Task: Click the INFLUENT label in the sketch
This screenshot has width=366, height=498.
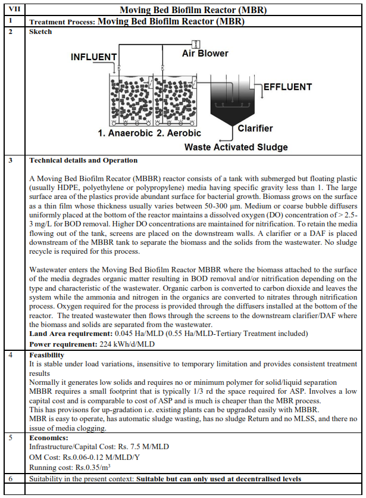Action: (94, 57)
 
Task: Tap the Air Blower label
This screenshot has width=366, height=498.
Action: (205, 54)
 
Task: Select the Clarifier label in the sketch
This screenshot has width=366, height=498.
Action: (255, 128)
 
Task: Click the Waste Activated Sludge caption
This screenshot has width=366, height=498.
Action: (236, 147)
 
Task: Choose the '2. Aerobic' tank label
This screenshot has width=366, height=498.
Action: (179, 133)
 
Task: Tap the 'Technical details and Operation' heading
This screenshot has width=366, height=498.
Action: (83, 160)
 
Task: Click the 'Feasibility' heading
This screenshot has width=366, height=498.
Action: (47, 354)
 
